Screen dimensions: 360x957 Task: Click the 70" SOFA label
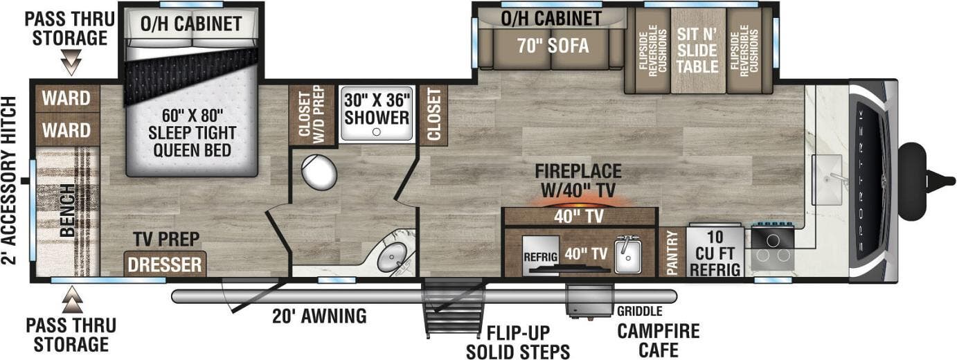(x=553, y=46)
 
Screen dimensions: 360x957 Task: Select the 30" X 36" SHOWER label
(x=377, y=109)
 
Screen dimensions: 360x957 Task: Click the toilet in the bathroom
(x=319, y=172)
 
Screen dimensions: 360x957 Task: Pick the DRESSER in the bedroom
(x=165, y=264)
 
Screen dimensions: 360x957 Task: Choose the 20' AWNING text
(x=319, y=317)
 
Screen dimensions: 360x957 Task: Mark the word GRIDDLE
(x=640, y=311)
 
